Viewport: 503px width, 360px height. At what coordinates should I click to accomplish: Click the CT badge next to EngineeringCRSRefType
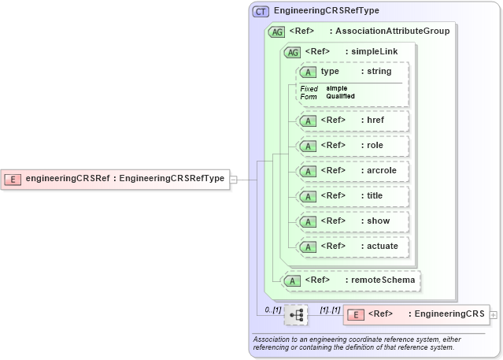coord(261,11)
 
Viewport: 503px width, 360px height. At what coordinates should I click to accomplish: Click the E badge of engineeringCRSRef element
coord(13,179)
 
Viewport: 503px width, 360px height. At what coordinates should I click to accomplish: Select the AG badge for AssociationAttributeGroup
coord(276,32)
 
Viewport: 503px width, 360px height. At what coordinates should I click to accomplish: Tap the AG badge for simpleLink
coord(292,52)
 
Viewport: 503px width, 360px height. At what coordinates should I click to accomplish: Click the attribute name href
coord(375,121)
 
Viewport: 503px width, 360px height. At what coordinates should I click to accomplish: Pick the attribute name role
coord(375,146)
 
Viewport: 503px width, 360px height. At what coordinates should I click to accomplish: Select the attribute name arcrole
coord(380,171)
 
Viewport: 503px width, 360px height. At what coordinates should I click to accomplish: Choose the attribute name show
coord(379,221)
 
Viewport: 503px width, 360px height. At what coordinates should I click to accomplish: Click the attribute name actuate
coord(383,247)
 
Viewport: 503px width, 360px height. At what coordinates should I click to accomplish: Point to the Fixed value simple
coord(337,88)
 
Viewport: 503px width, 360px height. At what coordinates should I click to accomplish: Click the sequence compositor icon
coord(297,315)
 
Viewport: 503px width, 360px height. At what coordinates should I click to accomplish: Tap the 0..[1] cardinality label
coord(272,310)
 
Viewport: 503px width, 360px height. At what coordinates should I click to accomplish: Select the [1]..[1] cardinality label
coord(329,310)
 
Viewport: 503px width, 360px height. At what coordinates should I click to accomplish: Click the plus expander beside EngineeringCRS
coord(494,315)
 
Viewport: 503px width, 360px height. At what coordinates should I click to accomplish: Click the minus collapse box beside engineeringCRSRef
coord(233,179)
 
